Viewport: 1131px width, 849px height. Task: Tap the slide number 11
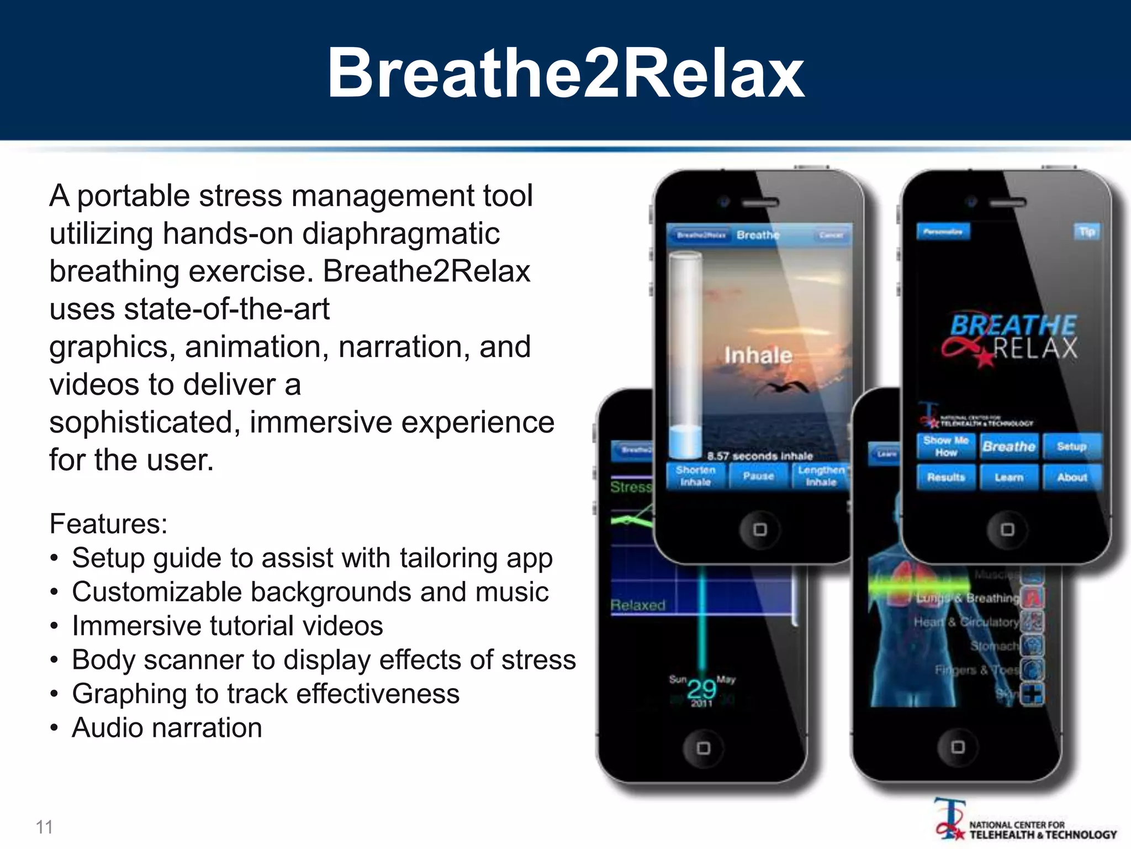44,827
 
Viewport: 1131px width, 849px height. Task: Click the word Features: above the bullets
108,523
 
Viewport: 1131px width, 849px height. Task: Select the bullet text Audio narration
167,727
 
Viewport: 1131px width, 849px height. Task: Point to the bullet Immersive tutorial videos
227,626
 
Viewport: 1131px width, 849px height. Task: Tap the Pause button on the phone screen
758,476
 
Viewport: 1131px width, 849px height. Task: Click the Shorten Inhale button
695,476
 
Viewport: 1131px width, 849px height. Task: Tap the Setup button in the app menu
1071,447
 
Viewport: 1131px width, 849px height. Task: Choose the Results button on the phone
945,477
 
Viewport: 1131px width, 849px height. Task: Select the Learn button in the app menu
1009,477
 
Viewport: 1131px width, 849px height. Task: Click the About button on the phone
1072,477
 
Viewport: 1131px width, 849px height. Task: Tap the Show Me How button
945,447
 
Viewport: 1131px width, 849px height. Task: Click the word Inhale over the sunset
758,355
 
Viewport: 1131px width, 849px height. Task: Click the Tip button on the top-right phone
1087,232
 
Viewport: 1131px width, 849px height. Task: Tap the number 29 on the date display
701,689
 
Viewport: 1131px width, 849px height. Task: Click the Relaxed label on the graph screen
638,605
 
